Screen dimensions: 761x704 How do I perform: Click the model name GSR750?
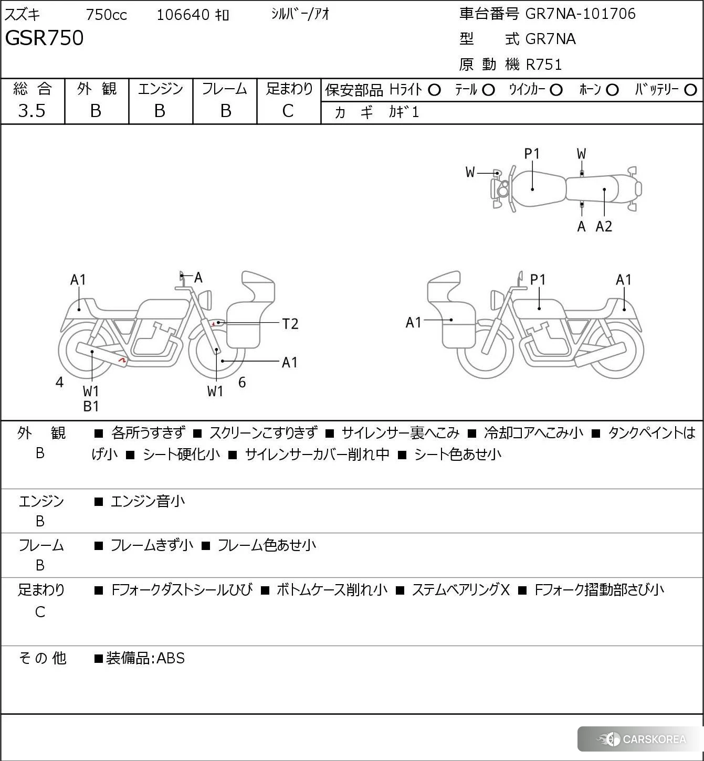click(x=44, y=38)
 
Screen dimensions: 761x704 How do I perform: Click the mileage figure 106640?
click(x=183, y=15)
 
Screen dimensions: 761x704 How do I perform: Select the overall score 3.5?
click(x=31, y=111)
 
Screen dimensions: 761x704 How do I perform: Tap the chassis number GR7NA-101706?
click(x=580, y=14)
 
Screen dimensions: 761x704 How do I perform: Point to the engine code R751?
click(x=544, y=65)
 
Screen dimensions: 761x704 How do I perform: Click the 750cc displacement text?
click(x=106, y=15)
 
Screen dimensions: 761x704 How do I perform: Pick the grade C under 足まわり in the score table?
click(x=288, y=111)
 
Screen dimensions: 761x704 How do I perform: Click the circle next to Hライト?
click(x=434, y=90)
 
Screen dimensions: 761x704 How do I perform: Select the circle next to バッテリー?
click(x=691, y=90)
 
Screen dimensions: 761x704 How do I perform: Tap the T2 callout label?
click(x=290, y=324)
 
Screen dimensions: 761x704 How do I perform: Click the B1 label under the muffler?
click(x=91, y=406)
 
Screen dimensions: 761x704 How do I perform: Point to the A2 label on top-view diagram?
click(x=604, y=227)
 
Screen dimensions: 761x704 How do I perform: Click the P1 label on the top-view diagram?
click(x=532, y=154)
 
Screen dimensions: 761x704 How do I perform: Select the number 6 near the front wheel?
click(x=242, y=382)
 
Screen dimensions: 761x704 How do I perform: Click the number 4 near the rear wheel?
click(x=59, y=382)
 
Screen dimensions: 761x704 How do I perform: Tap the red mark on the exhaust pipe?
click(x=123, y=361)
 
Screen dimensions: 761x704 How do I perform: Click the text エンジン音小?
click(x=148, y=501)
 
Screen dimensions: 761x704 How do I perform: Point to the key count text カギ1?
click(x=404, y=112)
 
